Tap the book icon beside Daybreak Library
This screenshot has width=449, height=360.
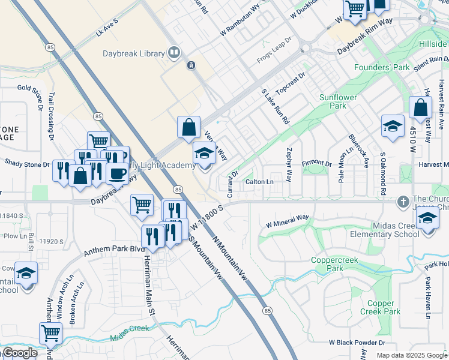pos(174,53)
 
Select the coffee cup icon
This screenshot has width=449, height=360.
pos(117,173)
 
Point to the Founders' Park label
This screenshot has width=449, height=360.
pos(382,68)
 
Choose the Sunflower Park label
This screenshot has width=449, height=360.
pos(338,101)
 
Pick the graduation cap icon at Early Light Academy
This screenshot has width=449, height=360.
pos(204,154)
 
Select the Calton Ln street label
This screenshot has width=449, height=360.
pos(259,182)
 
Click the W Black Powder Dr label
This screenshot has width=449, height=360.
pos(357,343)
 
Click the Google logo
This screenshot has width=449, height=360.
pos(20,353)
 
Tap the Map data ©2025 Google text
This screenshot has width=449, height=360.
pos(411,355)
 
